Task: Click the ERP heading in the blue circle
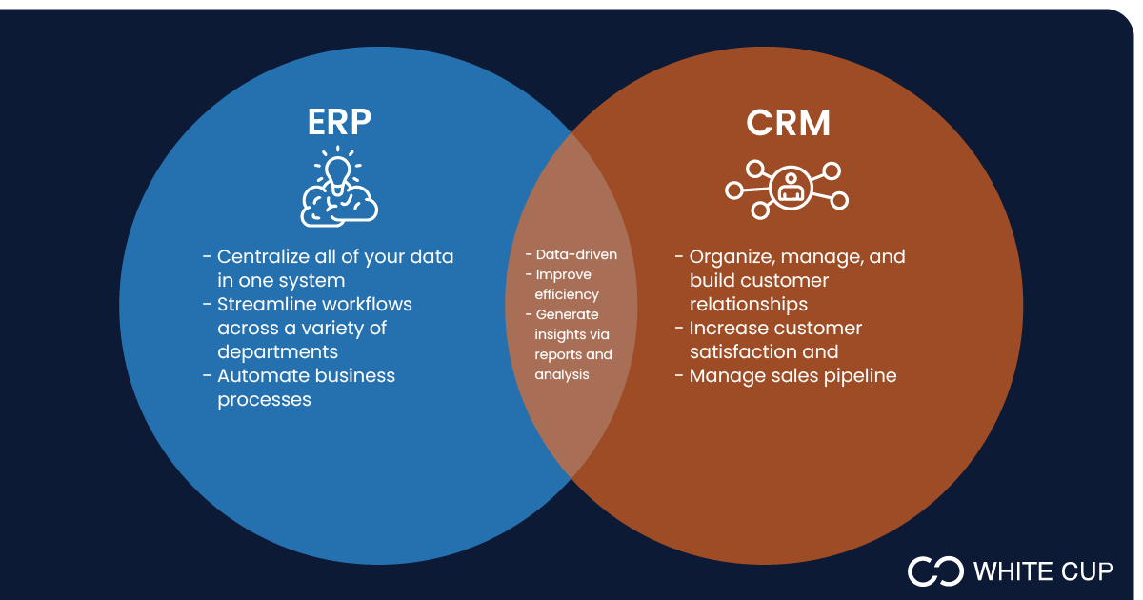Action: tap(339, 123)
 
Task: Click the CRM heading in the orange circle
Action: tap(788, 123)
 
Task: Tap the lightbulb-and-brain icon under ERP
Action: tap(339, 187)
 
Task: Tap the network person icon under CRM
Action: tap(787, 185)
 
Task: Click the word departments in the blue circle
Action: tap(277, 352)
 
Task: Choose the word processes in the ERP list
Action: tap(264, 400)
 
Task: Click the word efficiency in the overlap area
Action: tap(567, 294)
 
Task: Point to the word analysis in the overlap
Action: tap(562, 374)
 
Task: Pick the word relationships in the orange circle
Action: tap(749, 305)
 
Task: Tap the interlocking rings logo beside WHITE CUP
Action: tap(935, 570)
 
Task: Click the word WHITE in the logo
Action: tap(1008, 571)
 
